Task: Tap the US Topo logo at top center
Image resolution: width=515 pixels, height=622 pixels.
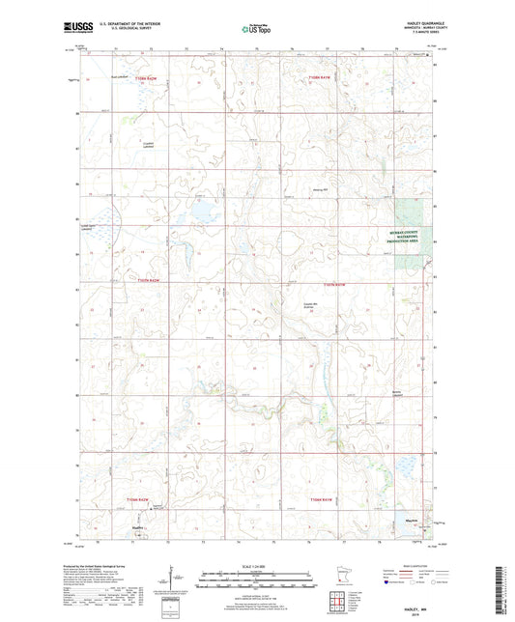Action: pyautogui.click(x=256, y=29)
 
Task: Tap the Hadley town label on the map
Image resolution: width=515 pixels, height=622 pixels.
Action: pyautogui.click(x=139, y=527)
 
